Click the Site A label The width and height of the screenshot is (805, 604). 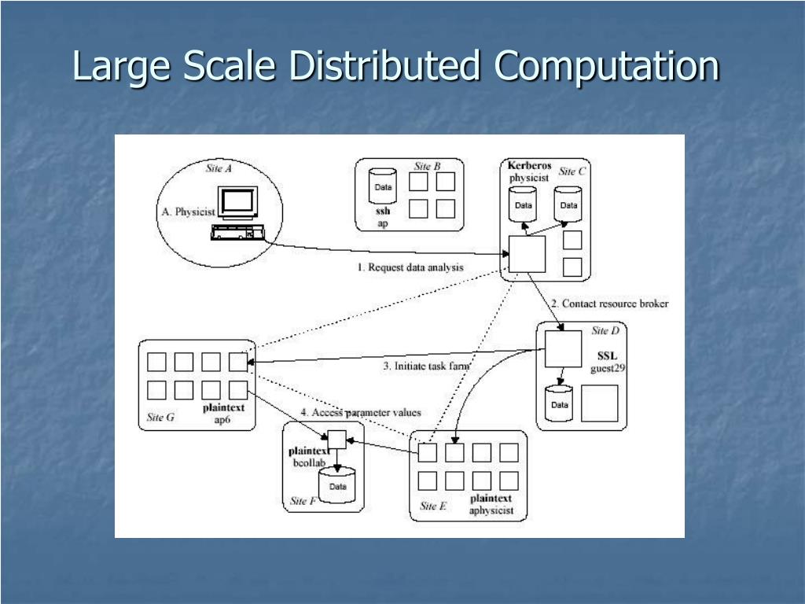coord(218,168)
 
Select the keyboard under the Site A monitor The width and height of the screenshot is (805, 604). coord(237,233)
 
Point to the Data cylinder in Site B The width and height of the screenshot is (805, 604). coord(383,187)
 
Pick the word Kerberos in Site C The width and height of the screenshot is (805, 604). coord(529,166)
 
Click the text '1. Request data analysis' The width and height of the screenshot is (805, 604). coord(410,267)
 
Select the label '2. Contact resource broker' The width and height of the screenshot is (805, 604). coord(609,304)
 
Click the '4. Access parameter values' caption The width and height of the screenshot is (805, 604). coord(361,412)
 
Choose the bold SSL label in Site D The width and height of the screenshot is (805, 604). coord(607,355)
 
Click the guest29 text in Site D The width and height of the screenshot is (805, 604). coord(608,368)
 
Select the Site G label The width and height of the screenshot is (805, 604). coord(160,417)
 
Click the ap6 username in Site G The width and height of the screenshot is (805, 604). coord(222,420)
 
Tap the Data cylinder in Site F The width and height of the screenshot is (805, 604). coord(337,486)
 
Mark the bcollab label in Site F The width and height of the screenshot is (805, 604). coord(309,462)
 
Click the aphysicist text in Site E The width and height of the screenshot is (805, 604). coord(491,510)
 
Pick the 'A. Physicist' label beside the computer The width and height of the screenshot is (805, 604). coord(188,212)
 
